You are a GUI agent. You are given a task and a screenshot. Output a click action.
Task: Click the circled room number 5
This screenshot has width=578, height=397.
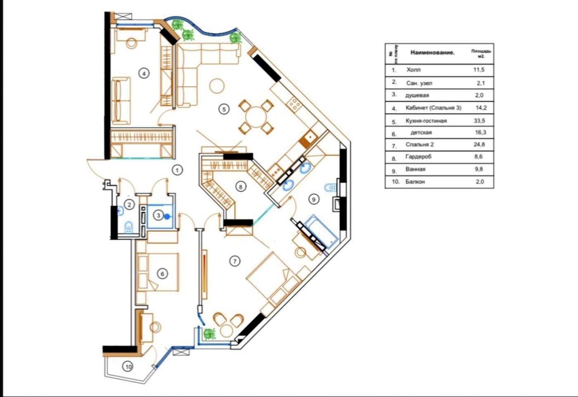tap(224, 109)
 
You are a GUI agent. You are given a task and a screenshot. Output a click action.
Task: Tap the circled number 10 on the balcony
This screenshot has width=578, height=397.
tap(128, 366)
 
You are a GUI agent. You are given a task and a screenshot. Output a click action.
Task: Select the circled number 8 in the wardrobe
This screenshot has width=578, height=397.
tap(240, 187)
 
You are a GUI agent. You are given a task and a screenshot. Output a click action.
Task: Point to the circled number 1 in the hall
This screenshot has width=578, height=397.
tap(177, 170)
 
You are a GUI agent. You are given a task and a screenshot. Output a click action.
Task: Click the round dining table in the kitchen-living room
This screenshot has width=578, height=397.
tap(256, 117)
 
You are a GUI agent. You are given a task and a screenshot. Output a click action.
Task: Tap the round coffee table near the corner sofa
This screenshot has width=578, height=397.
tap(217, 86)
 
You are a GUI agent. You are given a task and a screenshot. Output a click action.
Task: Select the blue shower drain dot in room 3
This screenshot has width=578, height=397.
tap(167, 216)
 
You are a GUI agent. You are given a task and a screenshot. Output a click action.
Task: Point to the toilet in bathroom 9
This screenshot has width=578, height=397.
tap(330, 188)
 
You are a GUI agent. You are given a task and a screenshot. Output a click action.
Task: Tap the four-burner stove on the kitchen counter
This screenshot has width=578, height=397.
tap(294, 104)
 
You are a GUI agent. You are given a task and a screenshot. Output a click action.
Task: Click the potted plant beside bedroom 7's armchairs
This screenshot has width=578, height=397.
tap(210, 334)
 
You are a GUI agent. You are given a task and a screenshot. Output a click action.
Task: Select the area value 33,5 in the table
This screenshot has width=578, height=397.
tap(479, 121)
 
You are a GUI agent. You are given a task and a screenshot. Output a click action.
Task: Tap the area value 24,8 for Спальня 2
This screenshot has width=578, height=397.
tap(479, 144)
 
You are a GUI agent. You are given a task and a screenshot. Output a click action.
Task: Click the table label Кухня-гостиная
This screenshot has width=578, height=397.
tap(426, 121)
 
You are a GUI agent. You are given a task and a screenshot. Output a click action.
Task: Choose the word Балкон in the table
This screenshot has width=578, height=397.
tap(415, 182)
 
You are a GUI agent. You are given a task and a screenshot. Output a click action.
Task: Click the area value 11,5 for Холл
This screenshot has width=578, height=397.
tap(479, 70)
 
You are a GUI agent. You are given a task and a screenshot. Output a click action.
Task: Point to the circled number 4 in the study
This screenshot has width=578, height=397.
tap(144, 74)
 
